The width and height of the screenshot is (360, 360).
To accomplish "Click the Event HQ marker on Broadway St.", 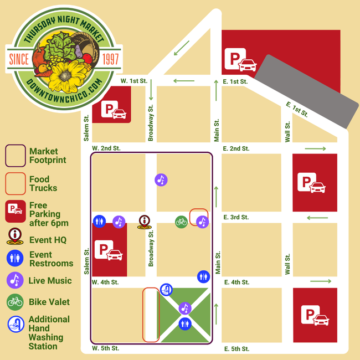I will coord(145,222).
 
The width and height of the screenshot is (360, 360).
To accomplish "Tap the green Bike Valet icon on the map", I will coord(181,222).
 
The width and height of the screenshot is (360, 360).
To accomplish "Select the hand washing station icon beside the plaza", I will coord(167,290).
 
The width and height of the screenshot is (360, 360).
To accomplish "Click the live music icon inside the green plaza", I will coord(184,308).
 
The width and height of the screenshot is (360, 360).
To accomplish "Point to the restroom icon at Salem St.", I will coord(99,222).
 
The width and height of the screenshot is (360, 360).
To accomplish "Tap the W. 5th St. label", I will coord(105,348).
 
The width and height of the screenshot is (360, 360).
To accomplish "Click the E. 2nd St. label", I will coord(236,148).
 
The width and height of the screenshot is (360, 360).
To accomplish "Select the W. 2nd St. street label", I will coord(106,148).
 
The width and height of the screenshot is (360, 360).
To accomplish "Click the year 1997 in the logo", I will coord(110,59).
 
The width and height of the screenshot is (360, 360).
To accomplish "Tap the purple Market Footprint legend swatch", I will coord(15,156).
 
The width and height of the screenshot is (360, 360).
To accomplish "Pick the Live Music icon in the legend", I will coord(15,280).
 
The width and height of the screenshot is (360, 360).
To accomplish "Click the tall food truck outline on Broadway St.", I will coord(151,315).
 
